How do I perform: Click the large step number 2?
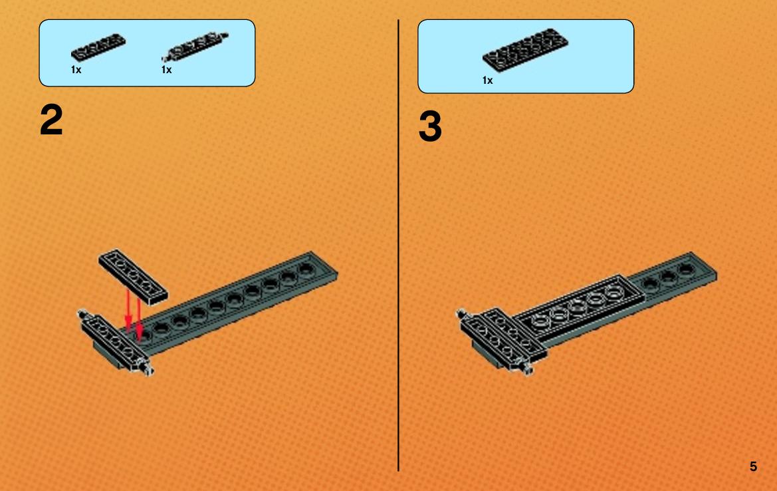[x=51, y=120]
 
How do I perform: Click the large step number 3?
[x=430, y=126]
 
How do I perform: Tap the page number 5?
[x=753, y=466]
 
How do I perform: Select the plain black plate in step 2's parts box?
[x=98, y=47]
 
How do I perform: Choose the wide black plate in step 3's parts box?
[x=525, y=50]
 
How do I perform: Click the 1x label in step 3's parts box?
[x=488, y=81]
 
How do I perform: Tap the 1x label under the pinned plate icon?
[x=166, y=70]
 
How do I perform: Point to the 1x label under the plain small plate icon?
[x=76, y=70]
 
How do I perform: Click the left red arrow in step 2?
[x=128, y=310]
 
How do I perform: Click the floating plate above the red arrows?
[x=133, y=276]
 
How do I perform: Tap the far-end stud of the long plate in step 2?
[x=306, y=269]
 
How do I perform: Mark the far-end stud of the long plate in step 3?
[x=687, y=269]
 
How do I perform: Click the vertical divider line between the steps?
[x=398, y=245]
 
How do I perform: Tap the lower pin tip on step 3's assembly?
[x=528, y=369]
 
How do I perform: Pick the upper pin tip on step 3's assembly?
[x=461, y=313]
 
